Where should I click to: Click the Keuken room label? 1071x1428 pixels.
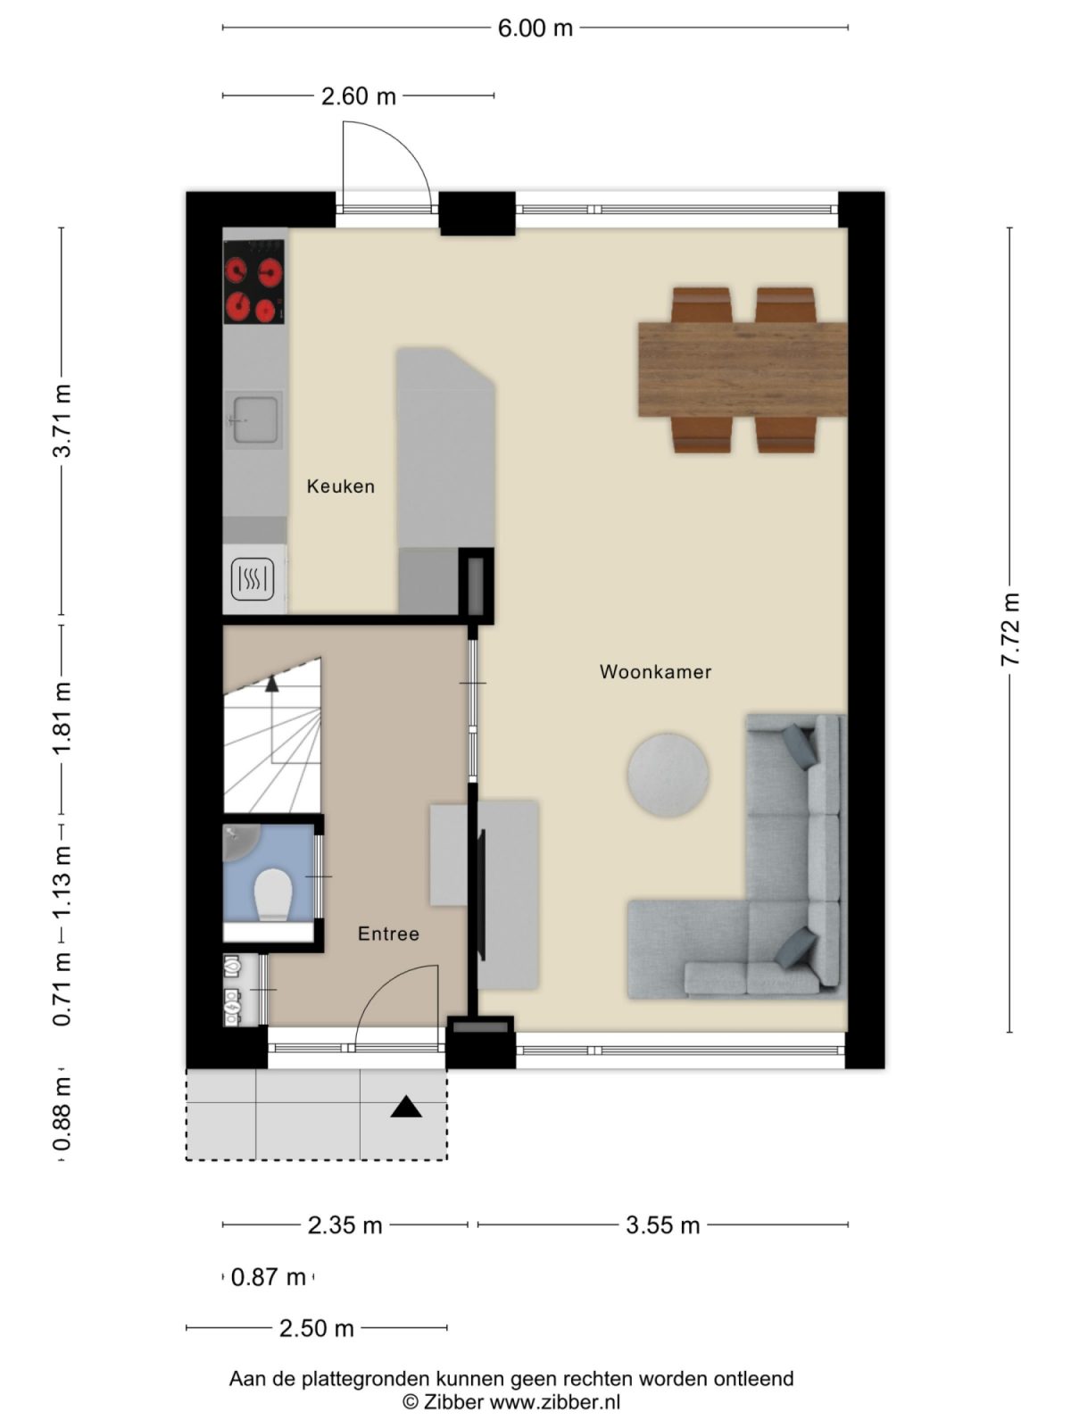coord(340,486)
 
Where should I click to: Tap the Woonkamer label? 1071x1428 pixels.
coord(655,672)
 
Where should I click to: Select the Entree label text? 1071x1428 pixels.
coord(388,934)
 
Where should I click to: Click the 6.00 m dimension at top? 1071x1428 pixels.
coord(535,28)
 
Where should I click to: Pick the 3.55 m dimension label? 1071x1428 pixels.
coord(662,1225)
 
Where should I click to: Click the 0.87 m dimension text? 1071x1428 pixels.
coord(268,1277)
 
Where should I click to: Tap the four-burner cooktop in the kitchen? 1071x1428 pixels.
coord(253,289)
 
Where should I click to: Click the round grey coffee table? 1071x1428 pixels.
coord(668,775)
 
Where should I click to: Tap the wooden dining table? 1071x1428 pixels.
coord(742,369)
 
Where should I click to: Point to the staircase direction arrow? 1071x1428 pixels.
coord(271,685)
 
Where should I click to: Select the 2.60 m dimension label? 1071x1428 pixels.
coord(358,95)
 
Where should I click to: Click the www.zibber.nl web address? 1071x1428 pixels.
coord(555,1401)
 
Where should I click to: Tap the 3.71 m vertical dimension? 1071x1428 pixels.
coord(62,420)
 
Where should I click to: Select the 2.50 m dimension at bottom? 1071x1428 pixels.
coord(316,1328)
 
